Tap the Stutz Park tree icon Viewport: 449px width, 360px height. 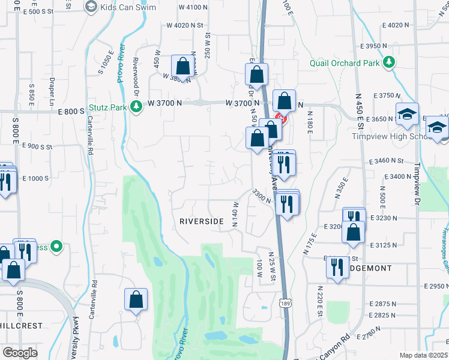136,106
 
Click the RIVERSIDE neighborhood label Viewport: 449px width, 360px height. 202,221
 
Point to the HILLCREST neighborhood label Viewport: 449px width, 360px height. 21,326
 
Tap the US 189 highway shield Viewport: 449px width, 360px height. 285,304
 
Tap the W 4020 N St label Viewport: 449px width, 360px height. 185,25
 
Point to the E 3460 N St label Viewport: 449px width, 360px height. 388,161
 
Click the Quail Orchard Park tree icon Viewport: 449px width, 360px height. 389,62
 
